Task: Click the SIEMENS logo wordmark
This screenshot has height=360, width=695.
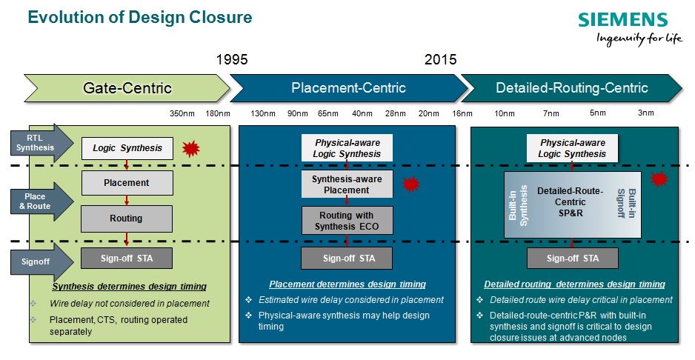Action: pos(622,20)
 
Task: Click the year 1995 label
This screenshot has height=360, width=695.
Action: pos(232,59)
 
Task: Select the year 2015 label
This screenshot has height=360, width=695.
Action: pos(440,59)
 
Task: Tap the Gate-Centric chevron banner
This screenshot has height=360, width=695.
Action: pos(127,88)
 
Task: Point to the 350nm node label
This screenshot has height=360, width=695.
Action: pos(182,113)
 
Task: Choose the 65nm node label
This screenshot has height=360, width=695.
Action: pos(328,113)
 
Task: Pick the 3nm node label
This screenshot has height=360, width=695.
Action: pos(646,113)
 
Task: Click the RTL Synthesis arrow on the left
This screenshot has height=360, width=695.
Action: pos(42,143)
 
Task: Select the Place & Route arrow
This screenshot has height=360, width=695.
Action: pos(42,201)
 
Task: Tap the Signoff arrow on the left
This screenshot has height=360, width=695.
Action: pos(42,261)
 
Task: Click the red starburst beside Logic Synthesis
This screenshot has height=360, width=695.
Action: pos(191,149)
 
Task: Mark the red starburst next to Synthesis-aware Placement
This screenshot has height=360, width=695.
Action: pos(411,184)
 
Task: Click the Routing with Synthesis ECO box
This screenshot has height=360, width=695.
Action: pos(347,220)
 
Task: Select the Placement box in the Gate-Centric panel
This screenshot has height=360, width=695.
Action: pos(127,183)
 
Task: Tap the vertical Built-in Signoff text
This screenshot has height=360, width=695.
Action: pos(627,203)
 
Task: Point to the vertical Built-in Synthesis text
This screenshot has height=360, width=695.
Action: pos(518,206)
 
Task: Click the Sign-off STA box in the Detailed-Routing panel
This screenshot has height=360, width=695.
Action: pos(572,258)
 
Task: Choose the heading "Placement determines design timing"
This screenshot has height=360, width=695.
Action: pos(347,284)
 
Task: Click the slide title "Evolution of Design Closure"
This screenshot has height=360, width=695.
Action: pos(140,17)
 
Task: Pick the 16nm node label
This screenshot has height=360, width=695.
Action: pos(462,113)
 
